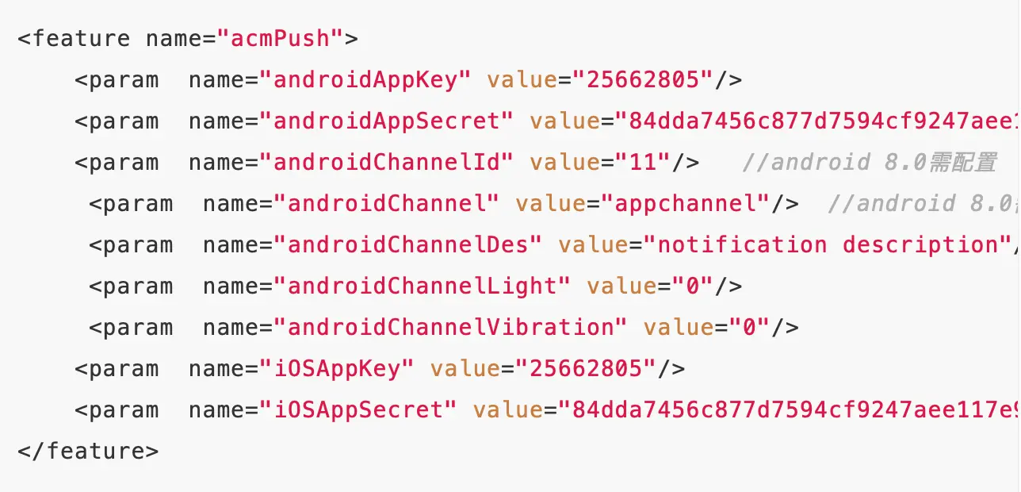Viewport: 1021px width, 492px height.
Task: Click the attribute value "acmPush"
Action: (x=280, y=39)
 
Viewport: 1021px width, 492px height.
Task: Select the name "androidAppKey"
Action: (x=365, y=80)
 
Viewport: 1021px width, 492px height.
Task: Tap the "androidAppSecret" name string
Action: (x=387, y=121)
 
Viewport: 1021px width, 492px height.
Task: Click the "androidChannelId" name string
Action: (x=387, y=163)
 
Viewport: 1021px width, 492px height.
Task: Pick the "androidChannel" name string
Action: (x=387, y=204)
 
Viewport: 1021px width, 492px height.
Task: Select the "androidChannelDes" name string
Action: (x=408, y=245)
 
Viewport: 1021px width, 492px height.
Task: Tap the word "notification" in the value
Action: (x=741, y=245)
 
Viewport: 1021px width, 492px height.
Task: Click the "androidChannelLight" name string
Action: (x=423, y=286)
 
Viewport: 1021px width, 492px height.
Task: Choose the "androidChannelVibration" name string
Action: (x=450, y=328)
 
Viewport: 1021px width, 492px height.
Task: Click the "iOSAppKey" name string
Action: (x=337, y=369)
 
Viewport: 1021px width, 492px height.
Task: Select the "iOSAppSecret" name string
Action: (x=358, y=410)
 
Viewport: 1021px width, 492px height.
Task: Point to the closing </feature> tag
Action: (x=88, y=452)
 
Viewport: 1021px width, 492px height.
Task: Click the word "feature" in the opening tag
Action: (x=81, y=39)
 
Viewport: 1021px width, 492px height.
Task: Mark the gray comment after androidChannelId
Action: (x=869, y=163)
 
